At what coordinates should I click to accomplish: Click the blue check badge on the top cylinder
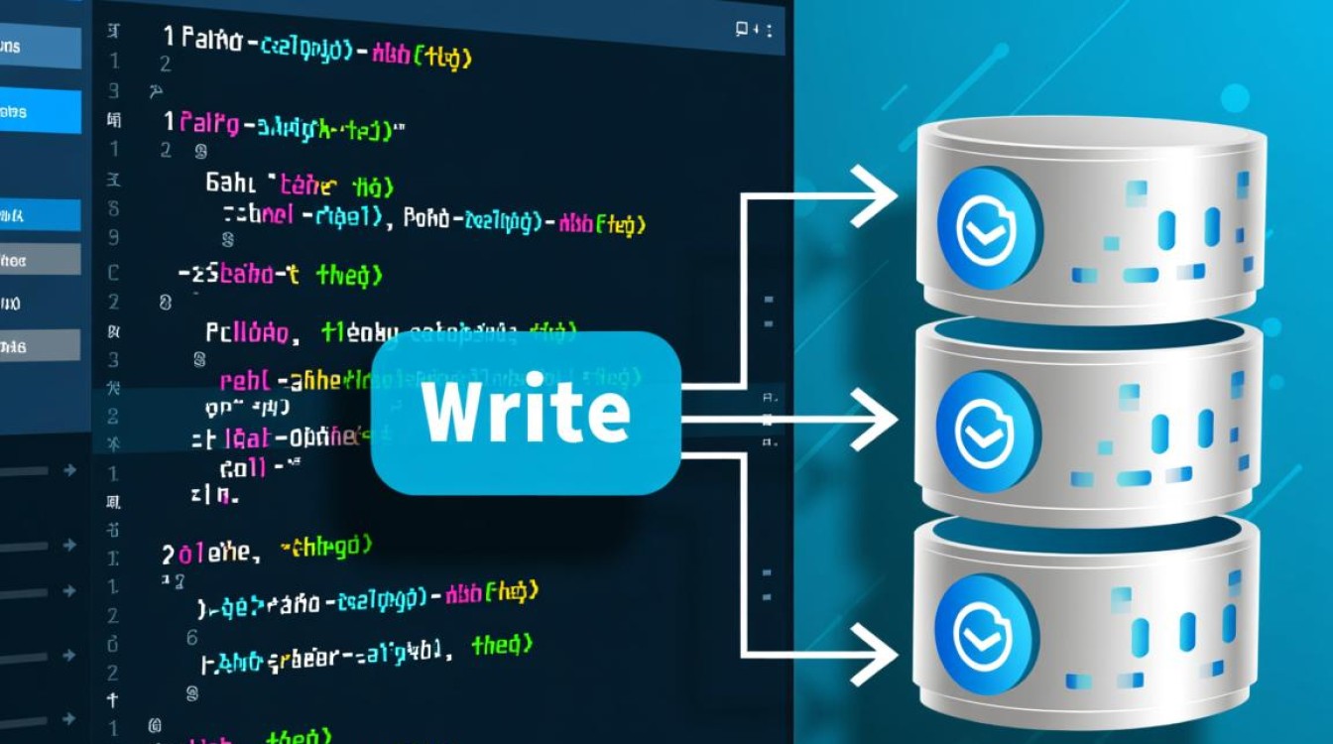point(986,228)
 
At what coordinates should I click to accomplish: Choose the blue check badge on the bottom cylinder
point(984,633)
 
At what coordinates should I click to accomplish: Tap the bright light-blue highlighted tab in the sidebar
point(40,111)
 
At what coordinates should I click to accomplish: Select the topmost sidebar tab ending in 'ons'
point(40,47)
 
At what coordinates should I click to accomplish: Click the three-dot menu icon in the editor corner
point(770,31)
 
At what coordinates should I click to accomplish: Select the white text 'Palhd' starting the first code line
point(211,41)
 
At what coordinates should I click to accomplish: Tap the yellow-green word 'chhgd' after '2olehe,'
point(327,545)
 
